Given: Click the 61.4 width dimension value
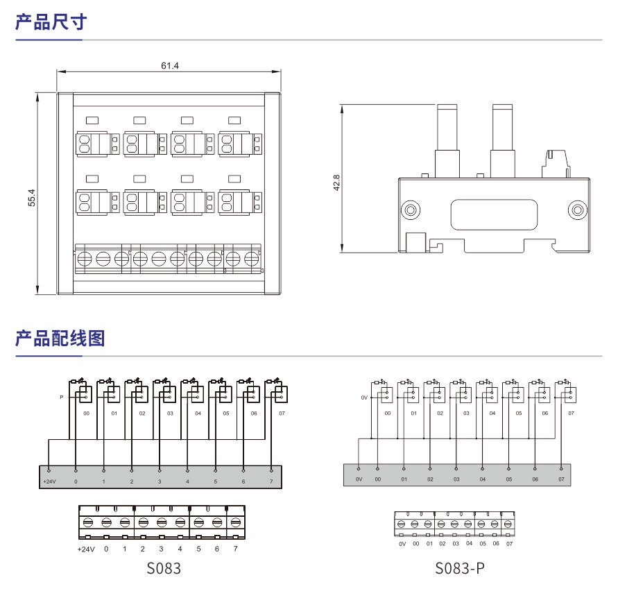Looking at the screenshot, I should coord(170,66).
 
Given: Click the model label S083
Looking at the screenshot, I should coord(164,569).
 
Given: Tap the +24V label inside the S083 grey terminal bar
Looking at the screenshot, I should coord(49,481).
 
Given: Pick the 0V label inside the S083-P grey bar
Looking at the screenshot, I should coord(359,479).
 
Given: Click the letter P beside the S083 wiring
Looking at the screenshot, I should coord(62,398).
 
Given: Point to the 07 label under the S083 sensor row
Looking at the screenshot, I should coord(282,413).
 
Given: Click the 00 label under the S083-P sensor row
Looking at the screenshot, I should coord(388,413).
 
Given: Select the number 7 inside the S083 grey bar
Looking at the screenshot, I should coord(271,481).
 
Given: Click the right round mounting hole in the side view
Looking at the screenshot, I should coord(576,210).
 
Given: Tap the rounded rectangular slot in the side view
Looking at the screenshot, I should coord(493,215).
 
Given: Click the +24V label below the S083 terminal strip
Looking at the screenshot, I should coord(85,549).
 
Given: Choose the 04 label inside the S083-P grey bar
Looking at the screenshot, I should coord(482,479).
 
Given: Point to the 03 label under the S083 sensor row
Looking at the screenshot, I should coord(170,413).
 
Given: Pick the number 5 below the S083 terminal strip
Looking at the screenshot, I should coord(198,549).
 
